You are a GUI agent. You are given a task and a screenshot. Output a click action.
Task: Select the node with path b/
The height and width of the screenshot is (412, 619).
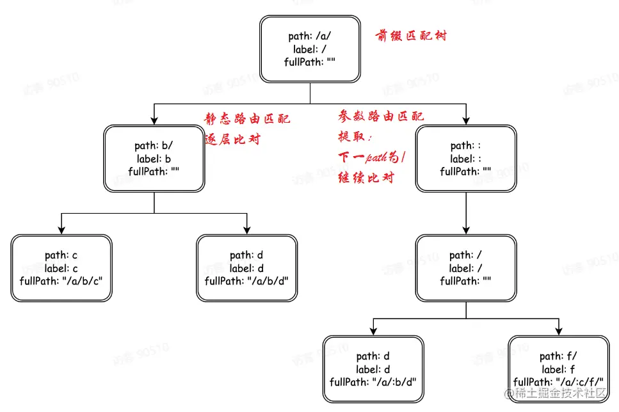[x=154, y=159]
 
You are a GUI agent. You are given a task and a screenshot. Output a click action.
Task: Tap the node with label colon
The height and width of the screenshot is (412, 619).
[x=465, y=159]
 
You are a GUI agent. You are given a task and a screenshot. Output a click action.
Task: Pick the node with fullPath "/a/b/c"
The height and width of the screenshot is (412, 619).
[x=61, y=268]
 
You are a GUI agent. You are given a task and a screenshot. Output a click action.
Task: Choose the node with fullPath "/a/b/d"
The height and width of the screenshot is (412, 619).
[x=246, y=268]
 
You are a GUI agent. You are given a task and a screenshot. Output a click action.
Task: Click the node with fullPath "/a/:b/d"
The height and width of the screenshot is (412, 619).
[x=373, y=369]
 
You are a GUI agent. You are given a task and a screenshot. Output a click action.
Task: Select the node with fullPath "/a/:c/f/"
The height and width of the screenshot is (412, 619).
[x=558, y=369]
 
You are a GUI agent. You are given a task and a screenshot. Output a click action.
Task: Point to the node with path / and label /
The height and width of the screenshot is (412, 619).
[x=465, y=268]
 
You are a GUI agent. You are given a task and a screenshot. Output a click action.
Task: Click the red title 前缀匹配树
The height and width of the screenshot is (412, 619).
[x=411, y=36]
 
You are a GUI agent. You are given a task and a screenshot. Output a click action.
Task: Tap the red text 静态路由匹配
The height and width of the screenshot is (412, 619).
[x=247, y=119]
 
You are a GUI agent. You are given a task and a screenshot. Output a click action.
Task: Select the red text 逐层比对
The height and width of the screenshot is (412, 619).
[x=232, y=139]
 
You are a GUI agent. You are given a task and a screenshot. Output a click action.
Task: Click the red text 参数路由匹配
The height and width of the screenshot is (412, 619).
[x=381, y=116]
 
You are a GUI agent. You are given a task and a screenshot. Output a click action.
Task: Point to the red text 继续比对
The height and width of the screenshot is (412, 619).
[x=366, y=178]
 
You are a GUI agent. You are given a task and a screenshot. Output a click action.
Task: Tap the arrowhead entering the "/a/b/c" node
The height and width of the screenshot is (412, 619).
[x=61, y=230]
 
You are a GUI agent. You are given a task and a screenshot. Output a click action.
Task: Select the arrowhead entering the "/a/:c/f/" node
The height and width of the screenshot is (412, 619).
[x=558, y=331]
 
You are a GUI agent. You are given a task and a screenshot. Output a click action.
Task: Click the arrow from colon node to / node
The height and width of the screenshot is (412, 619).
[x=465, y=214]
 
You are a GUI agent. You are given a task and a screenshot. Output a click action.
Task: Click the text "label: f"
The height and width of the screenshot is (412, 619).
[x=558, y=369]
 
